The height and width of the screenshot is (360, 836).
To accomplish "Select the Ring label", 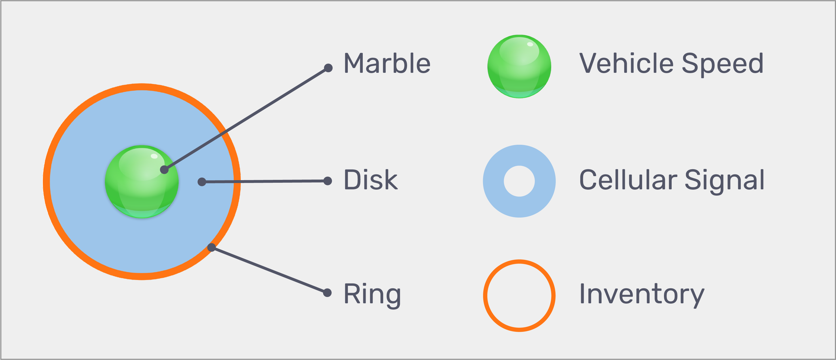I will click(372, 294).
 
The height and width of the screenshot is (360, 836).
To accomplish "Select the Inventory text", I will click(642, 294).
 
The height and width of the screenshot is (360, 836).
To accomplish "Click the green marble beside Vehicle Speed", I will click(519, 66).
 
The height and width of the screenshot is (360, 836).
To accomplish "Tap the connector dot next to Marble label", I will click(328, 68).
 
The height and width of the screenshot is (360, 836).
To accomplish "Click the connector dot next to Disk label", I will click(328, 181).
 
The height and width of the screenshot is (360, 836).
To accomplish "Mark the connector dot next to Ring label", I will click(327, 293).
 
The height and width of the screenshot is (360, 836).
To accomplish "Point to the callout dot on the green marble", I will click(164, 169).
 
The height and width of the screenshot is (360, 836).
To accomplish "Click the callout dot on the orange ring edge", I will click(211, 247).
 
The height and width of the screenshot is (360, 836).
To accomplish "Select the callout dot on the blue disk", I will click(202, 182).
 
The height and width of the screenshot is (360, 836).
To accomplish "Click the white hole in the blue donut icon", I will click(519, 181).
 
